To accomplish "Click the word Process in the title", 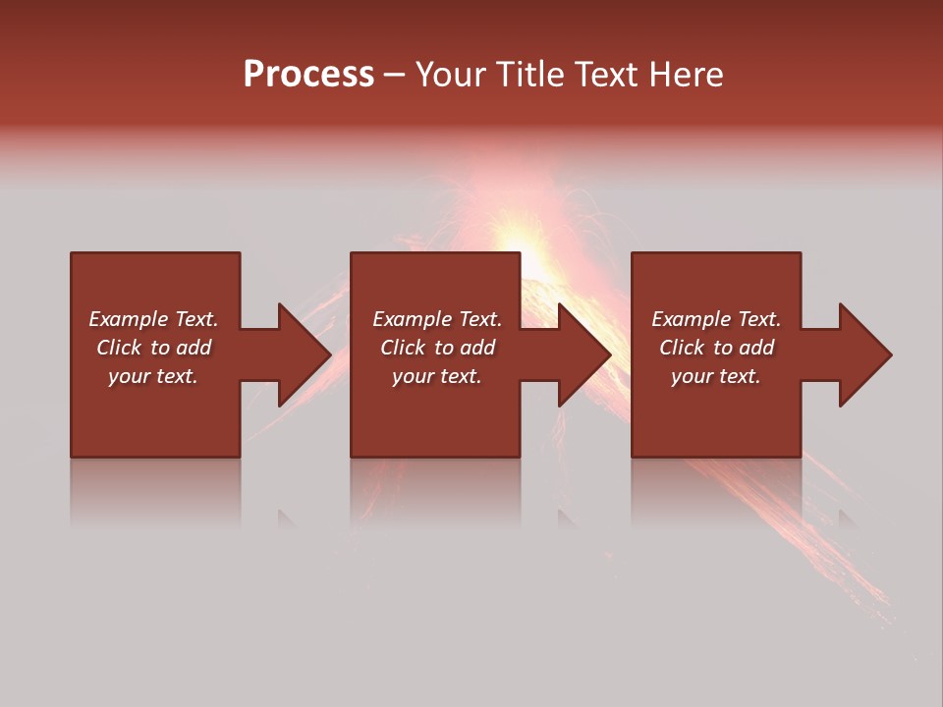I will click(308, 74).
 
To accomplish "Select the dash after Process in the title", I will click(395, 75).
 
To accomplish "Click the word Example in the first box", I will click(126, 319).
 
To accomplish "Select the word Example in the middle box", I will click(410, 319).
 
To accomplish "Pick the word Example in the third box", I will click(689, 319).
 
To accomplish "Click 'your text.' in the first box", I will click(153, 376).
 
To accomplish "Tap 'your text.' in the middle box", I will click(436, 376).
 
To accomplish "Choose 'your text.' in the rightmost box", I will click(716, 376).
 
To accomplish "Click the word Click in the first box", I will click(119, 348).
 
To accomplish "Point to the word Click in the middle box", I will click(403, 348).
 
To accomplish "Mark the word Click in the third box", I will click(682, 348).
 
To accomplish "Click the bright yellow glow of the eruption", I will click(521, 242).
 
